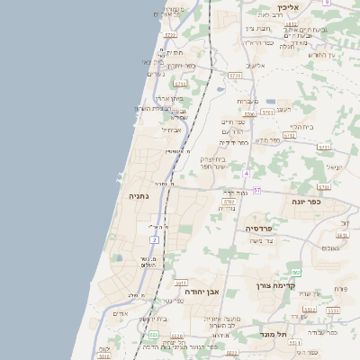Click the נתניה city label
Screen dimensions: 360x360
[139, 195]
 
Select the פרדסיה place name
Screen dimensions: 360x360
[264, 229]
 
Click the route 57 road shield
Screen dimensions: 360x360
[256, 190]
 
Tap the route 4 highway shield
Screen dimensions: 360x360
[246, 172]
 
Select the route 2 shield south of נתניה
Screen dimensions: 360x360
[154, 240]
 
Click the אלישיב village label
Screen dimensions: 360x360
[257, 65]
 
